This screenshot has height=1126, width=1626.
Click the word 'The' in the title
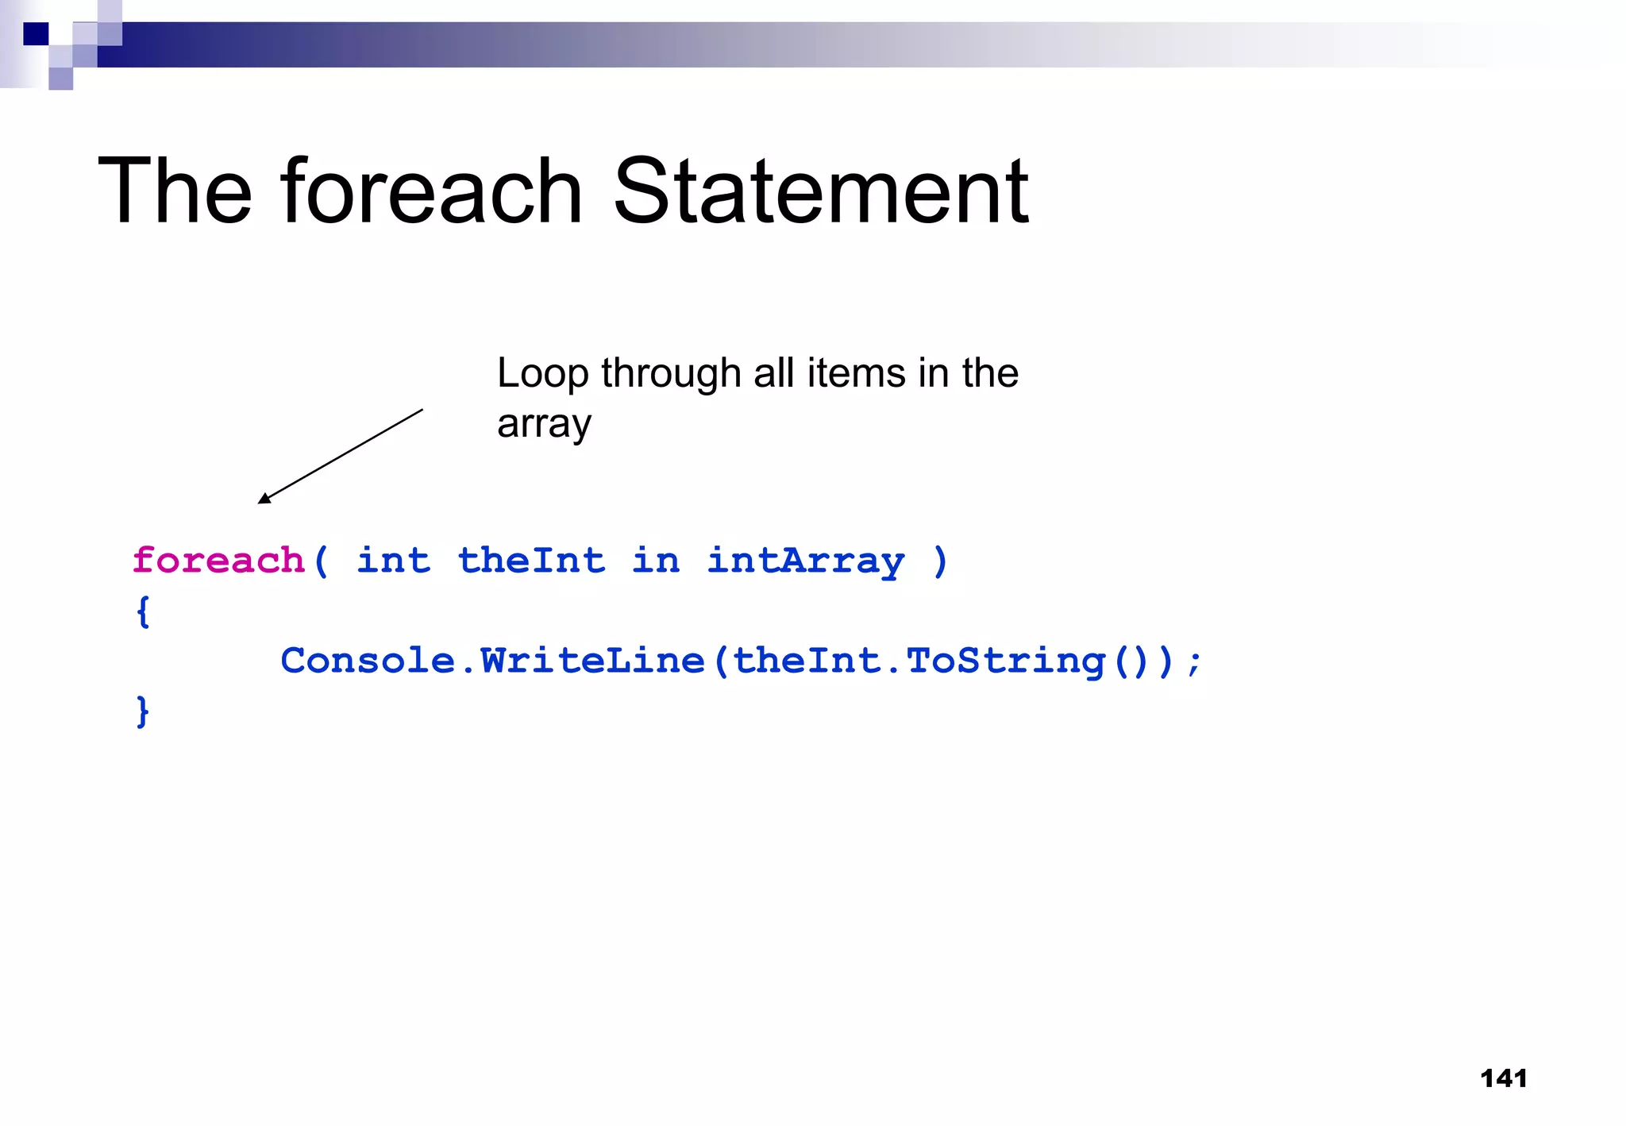pyautogui.click(x=175, y=191)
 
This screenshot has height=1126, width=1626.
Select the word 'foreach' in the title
pyautogui.click(x=432, y=191)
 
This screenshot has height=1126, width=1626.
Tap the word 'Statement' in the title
pyautogui.click(x=821, y=191)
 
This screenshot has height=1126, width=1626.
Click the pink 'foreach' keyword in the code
pyautogui.click(x=218, y=561)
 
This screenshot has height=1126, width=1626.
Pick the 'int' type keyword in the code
pyautogui.click(x=394, y=561)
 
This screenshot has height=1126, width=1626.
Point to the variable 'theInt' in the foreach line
pyautogui.click(x=531, y=561)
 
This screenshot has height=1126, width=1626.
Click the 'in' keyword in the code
pyautogui.click(x=656, y=561)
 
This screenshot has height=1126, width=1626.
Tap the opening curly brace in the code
pyautogui.click(x=143, y=611)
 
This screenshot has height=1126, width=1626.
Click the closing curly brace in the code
pyautogui.click(x=143, y=711)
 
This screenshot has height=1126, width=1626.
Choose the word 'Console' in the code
pyautogui.click(x=368, y=661)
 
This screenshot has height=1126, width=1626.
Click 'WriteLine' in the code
pyautogui.click(x=592, y=661)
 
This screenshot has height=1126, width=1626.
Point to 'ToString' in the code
pyautogui.click(x=1005, y=661)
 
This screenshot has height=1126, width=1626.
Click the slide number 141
pyautogui.click(x=1503, y=1078)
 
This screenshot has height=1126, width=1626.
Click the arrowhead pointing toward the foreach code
pyautogui.click(x=264, y=498)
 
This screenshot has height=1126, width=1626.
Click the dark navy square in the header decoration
pyautogui.click(x=36, y=34)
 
